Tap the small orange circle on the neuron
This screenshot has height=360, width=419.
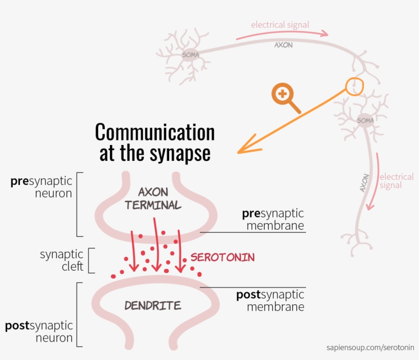click(x=354, y=86)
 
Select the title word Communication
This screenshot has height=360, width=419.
click(x=155, y=132)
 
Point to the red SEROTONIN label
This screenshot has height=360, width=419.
click(x=222, y=257)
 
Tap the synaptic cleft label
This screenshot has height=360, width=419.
click(x=61, y=260)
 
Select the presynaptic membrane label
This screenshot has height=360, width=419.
click(x=273, y=219)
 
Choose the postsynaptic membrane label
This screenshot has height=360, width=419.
click(x=270, y=301)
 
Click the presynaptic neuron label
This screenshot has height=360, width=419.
click(x=41, y=187)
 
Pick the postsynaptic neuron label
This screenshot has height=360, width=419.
click(x=39, y=331)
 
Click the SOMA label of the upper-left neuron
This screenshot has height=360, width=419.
click(x=190, y=55)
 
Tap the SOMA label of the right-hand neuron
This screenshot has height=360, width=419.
click(x=365, y=121)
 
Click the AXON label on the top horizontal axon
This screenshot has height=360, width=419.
click(x=284, y=45)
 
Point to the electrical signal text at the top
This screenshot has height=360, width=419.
click(x=280, y=25)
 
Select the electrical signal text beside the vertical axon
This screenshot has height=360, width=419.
click(x=396, y=181)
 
